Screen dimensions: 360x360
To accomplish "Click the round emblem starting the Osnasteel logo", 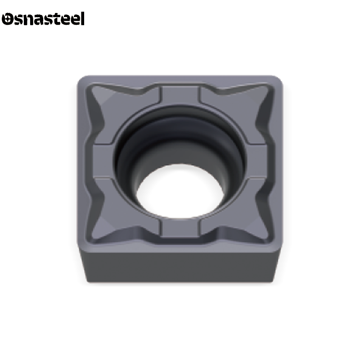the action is click(x=8, y=19).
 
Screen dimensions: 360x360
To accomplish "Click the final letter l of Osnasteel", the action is click(x=82, y=18).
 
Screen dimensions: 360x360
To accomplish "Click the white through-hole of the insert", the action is click(x=180, y=191).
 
